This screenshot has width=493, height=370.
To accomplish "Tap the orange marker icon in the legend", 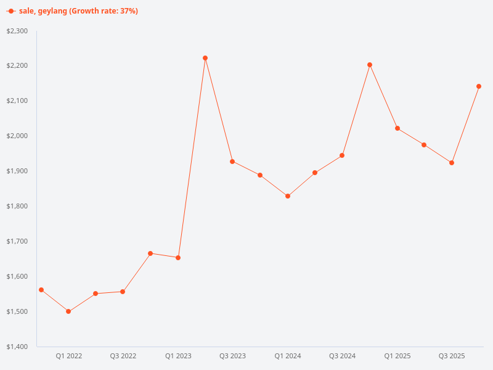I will [x=11, y=11].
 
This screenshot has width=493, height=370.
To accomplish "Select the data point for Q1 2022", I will [x=68, y=311].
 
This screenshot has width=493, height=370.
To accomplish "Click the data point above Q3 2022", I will [x=123, y=292].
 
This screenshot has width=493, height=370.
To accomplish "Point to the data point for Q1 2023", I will [x=178, y=258].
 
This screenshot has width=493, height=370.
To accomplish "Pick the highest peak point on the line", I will [x=205, y=58].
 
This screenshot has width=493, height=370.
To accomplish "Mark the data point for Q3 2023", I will [x=232, y=162].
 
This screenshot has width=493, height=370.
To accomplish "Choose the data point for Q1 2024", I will [x=288, y=196].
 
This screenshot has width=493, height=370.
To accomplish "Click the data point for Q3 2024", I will [x=342, y=155].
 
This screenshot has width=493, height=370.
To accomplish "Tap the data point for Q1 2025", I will [x=397, y=128].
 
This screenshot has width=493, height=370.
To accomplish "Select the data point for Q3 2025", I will [x=452, y=163].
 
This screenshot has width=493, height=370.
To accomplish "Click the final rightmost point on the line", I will [x=479, y=86].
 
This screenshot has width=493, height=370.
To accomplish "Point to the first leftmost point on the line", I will [x=41, y=290].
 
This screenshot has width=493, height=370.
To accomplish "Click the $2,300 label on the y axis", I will [x=17, y=31].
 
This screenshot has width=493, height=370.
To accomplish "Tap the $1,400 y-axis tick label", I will [x=17, y=347].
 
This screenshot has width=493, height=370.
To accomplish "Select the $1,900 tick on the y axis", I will [x=17, y=171].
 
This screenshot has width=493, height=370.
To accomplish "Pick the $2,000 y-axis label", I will [x=17, y=136].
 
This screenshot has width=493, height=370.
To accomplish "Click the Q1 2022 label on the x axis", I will [x=69, y=356].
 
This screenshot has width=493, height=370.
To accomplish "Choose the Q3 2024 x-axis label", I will [x=343, y=356].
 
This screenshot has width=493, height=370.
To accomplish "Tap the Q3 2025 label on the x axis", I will [x=452, y=356].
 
